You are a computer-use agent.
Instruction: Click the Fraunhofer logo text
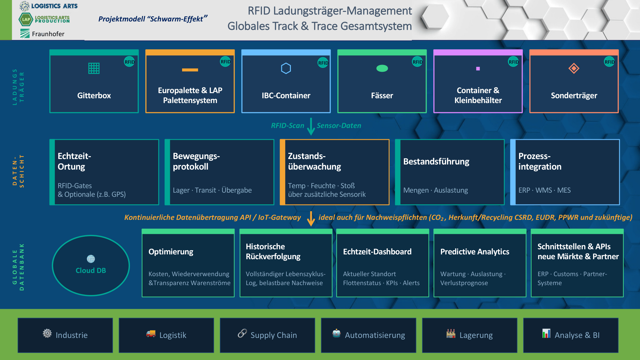48,34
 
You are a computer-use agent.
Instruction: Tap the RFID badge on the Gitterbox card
129,62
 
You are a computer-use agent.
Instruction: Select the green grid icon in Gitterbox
94,68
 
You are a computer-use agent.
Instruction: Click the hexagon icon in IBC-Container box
286,68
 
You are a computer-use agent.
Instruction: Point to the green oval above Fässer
382,68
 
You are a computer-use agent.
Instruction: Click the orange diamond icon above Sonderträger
574,68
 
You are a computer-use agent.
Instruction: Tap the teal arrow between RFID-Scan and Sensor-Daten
311,126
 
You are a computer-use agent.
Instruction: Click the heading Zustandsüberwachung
314,161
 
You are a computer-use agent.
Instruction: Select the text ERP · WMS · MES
544,190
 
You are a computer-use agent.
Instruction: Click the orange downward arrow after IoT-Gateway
311,219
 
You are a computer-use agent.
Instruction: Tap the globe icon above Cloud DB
91,259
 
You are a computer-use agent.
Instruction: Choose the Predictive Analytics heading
475,252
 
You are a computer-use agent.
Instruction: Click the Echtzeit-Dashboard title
377,252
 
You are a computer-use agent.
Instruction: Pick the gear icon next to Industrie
47,333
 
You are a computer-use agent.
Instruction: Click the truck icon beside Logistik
151,334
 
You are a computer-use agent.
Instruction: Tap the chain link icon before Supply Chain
242,333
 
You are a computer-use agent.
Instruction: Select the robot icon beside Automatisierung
336,333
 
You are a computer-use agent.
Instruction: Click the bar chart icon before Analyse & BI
546,333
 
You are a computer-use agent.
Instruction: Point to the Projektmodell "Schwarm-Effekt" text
153,19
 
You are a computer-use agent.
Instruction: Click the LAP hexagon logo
26,20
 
